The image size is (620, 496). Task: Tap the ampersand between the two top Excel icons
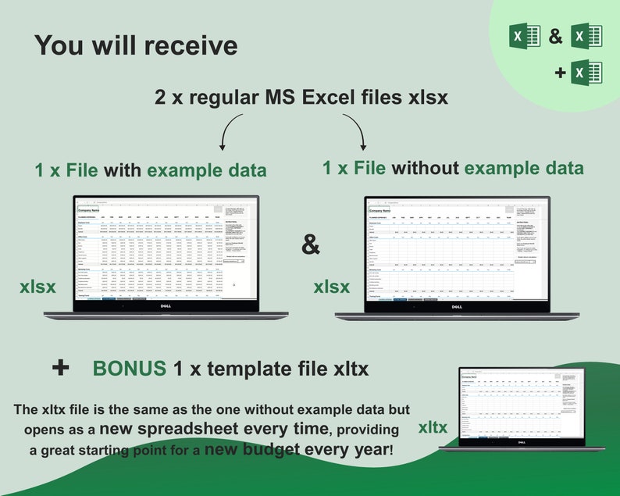click(x=556, y=36)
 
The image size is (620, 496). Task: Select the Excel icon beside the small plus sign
click(x=586, y=73)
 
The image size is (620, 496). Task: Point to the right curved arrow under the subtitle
click(x=356, y=130)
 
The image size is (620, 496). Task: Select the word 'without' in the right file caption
click(x=425, y=168)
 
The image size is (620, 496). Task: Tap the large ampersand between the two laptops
click(x=311, y=244)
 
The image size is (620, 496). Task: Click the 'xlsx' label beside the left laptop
click(x=37, y=287)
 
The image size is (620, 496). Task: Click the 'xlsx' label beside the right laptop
click(x=331, y=287)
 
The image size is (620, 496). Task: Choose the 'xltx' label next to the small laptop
click(x=433, y=427)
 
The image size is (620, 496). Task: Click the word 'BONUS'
click(x=130, y=369)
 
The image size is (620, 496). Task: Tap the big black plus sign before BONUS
click(x=60, y=368)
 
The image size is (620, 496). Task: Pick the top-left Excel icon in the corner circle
click(x=525, y=36)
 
